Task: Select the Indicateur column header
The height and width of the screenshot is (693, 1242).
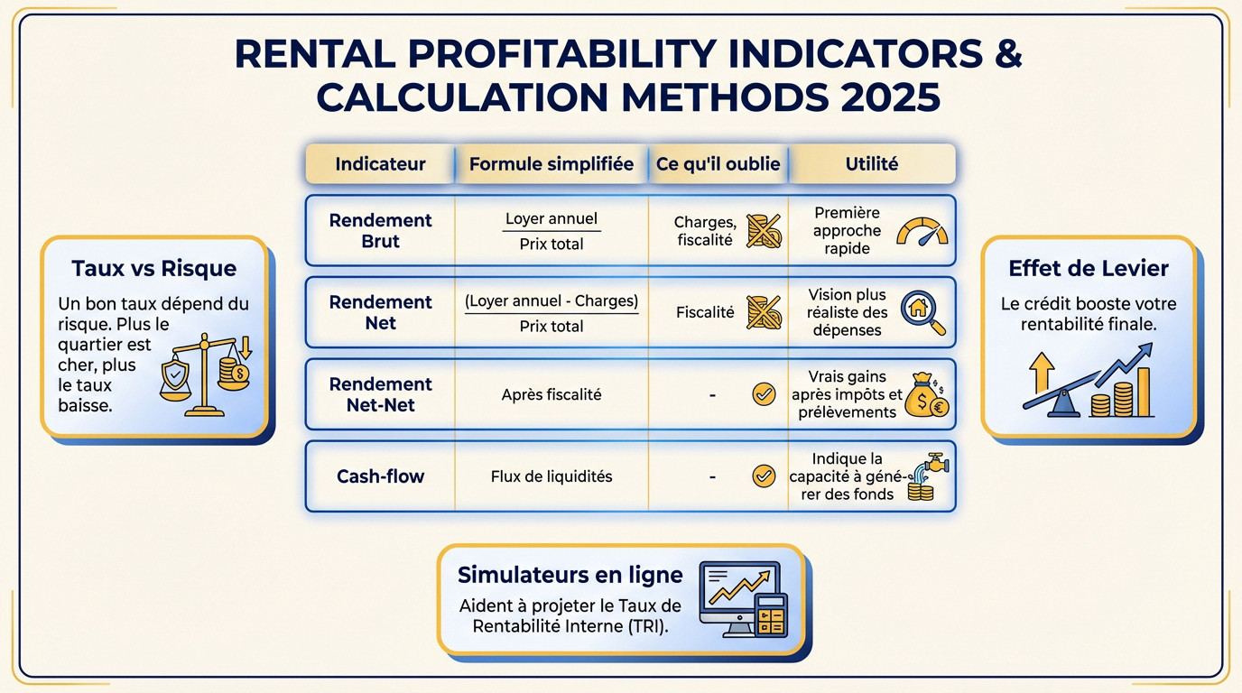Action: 380,164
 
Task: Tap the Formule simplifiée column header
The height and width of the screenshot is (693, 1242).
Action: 551,164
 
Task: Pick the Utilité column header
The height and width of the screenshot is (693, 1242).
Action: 871,164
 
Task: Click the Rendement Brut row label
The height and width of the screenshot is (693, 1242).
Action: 380,231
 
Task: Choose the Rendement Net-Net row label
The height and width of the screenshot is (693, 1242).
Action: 380,395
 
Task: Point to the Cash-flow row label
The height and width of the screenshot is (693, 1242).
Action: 380,476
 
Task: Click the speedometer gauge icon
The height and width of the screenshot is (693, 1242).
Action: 922,231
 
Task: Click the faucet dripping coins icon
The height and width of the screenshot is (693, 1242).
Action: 925,476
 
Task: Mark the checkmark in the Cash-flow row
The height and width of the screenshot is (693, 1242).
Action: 764,476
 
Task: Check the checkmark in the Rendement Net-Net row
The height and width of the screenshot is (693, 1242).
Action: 764,394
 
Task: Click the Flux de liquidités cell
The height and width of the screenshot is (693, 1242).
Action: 551,476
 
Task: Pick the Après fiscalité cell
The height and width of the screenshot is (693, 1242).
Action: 551,394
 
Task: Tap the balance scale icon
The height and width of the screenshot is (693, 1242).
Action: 207,375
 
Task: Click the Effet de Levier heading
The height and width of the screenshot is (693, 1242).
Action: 1088,268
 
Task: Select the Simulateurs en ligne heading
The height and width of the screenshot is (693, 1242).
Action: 570,575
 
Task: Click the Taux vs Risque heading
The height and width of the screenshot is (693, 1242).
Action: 153,268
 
